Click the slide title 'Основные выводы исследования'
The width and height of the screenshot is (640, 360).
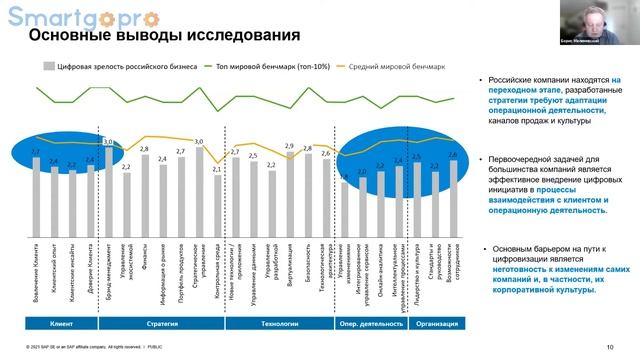click(x=163, y=37)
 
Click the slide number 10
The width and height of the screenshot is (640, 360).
click(x=610, y=347)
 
